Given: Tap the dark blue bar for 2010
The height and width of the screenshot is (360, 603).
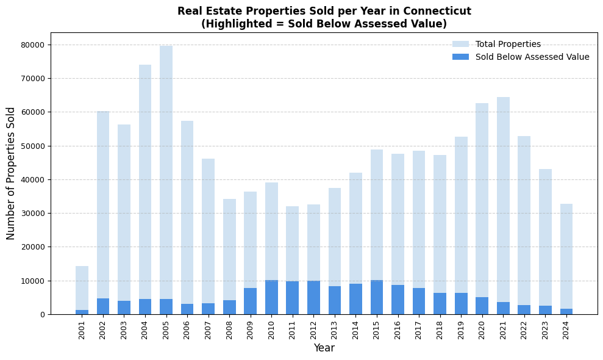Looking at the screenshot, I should click(x=271, y=297).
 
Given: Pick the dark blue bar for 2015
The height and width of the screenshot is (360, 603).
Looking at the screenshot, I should click(x=377, y=297).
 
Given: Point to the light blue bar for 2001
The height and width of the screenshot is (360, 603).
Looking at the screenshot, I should click(x=82, y=287).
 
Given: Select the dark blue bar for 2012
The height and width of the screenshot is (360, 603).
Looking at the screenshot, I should click(x=313, y=298).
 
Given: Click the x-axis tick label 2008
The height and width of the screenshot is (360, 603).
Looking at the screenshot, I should click(x=229, y=330).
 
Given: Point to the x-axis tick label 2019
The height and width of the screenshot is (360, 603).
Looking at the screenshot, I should click(x=461, y=330).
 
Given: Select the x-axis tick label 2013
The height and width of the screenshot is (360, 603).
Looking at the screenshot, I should click(x=335, y=330).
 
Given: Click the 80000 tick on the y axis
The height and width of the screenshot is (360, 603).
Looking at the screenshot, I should click(x=33, y=45).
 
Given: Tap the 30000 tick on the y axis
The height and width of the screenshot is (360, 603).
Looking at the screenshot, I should click(x=33, y=214).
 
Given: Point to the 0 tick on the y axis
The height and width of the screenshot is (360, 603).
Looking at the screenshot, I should click(x=42, y=315).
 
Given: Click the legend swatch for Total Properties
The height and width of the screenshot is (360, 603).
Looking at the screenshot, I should click(x=460, y=45).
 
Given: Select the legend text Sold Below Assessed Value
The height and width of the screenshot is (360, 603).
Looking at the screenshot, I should click(x=532, y=57).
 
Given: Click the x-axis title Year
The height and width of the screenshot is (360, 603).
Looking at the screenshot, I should click(x=324, y=348).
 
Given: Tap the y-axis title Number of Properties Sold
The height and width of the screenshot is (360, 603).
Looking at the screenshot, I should click(x=11, y=173).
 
